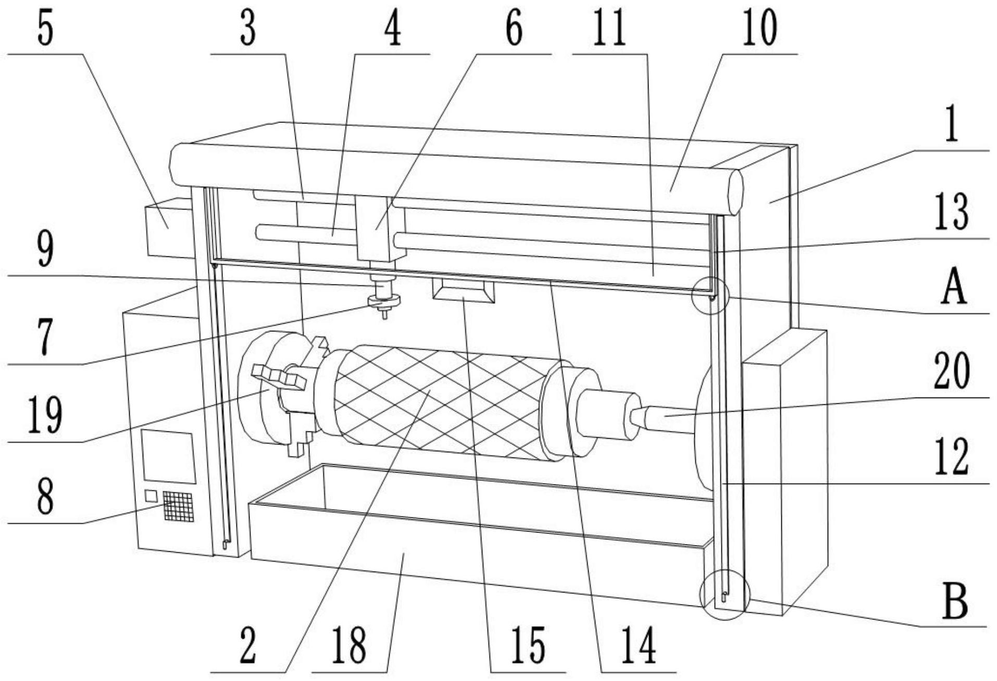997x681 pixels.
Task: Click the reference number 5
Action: point(45,30)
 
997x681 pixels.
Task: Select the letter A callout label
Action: point(954,289)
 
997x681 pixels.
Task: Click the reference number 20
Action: point(951,371)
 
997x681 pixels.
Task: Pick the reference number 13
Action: point(951,212)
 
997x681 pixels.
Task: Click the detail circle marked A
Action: point(709,295)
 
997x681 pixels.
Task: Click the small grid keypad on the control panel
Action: point(178,505)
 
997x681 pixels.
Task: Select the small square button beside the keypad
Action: point(151,496)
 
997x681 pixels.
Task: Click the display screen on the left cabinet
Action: point(168,456)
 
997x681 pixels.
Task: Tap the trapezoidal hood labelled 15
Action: point(463,290)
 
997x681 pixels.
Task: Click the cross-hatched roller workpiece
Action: point(438,401)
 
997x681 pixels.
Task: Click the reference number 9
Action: point(45,250)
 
